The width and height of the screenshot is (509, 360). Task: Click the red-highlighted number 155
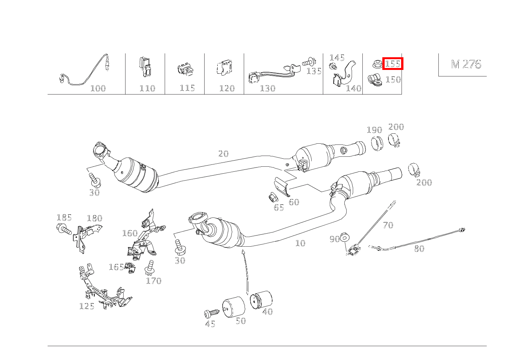(x=393, y=64)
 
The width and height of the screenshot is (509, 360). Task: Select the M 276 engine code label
(x=466, y=64)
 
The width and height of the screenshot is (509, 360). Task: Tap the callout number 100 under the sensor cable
(x=98, y=88)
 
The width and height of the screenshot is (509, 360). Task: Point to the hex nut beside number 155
(x=377, y=64)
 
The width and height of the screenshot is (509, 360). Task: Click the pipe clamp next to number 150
(x=375, y=80)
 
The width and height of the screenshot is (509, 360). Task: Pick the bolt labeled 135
(x=309, y=62)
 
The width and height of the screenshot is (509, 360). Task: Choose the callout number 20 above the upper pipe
(x=223, y=154)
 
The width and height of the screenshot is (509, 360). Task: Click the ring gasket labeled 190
(x=377, y=143)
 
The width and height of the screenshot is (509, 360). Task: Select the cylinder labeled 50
(x=234, y=307)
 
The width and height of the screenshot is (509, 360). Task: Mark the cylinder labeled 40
(x=261, y=300)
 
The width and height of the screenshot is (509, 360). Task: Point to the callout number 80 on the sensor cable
(x=419, y=249)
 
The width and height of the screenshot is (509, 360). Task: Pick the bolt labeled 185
(x=64, y=229)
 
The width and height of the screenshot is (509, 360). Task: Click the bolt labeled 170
(x=150, y=268)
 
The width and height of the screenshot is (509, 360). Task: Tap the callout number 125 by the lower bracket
(x=87, y=306)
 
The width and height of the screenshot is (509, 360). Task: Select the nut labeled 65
(x=273, y=197)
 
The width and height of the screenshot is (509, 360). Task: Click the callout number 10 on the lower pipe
(x=300, y=243)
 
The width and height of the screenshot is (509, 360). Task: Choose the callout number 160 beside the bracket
(x=130, y=233)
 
